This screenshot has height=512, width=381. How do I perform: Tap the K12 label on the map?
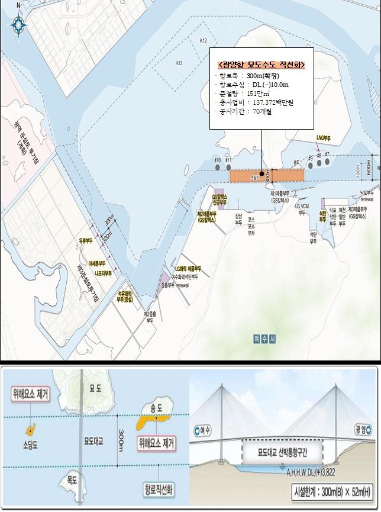click(204, 41)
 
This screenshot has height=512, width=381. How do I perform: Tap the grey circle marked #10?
click(218, 168)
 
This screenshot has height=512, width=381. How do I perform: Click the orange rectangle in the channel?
click(267, 176)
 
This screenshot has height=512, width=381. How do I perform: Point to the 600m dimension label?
click(369, 168)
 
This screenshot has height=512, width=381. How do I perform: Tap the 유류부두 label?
click(86, 241)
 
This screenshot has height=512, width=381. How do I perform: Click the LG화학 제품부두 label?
click(188, 269)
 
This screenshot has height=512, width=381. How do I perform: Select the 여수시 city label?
click(261, 339)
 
